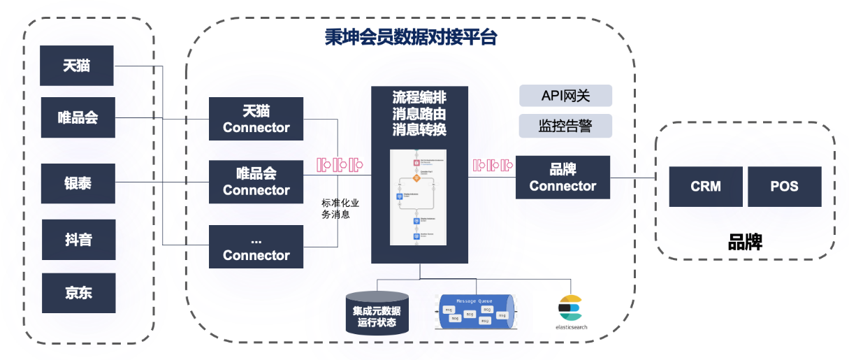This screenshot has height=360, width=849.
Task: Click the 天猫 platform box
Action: pyautogui.click(x=77, y=66)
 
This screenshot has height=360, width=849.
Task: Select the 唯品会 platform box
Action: pyautogui.click(x=77, y=117)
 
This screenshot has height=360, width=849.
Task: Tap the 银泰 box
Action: pyautogui.click(x=77, y=184)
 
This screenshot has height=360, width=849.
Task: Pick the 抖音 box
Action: pyautogui.click(x=77, y=240)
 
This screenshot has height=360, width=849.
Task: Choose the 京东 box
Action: pyautogui.click(x=77, y=293)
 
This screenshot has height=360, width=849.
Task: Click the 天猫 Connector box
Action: pyautogui.click(x=256, y=120)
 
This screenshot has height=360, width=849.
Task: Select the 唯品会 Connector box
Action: pyautogui.click(x=256, y=182)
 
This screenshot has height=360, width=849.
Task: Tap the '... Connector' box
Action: pyautogui.click(x=256, y=247)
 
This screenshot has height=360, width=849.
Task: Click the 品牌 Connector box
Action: pyautogui.click(x=563, y=178)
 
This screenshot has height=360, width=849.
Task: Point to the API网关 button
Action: pyautogui.click(x=565, y=96)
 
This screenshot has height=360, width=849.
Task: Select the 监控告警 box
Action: pyautogui.click(x=565, y=126)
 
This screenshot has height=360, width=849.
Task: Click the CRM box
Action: pyautogui.click(x=705, y=187)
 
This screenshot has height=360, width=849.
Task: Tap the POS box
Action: pyautogui.click(x=784, y=187)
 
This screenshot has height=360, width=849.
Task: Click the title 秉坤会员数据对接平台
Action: pyautogui.click(x=410, y=37)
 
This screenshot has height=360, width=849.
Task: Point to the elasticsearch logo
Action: pyautogui.click(x=570, y=312)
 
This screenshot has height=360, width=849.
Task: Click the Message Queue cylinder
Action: pyautogui.click(x=475, y=312)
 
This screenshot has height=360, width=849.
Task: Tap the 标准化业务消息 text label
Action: pyautogui.click(x=340, y=208)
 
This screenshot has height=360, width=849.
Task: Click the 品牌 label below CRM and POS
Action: pyautogui.click(x=745, y=242)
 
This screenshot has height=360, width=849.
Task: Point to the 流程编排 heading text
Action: pyautogui.click(x=419, y=97)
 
